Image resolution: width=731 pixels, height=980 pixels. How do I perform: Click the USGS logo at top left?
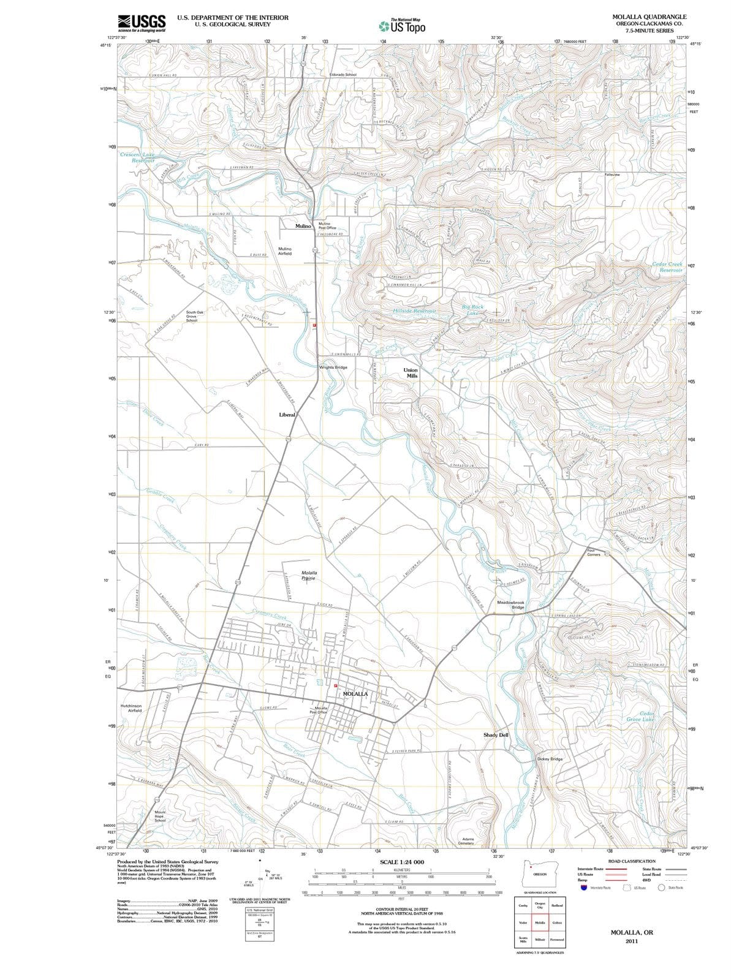click(142, 23)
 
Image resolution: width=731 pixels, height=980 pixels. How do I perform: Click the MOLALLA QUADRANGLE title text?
click(649, 17)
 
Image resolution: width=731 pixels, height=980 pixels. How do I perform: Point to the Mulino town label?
click(303, 226)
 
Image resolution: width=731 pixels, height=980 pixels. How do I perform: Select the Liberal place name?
click(287, 415)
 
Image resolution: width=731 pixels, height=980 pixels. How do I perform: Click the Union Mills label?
click(411, 373)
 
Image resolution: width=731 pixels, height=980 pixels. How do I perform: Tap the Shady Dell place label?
click(496, 734)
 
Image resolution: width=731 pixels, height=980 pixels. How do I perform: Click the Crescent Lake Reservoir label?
click(138, 157)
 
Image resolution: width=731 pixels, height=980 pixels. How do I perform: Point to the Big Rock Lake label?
click(472, 309)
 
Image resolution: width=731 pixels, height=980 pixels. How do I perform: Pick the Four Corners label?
click(593, 552)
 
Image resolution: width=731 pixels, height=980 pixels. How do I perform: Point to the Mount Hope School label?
click(159, 816)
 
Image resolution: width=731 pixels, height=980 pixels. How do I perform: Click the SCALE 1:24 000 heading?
click(402, 862)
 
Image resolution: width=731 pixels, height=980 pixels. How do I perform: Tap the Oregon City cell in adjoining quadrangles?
click(540, 906)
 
